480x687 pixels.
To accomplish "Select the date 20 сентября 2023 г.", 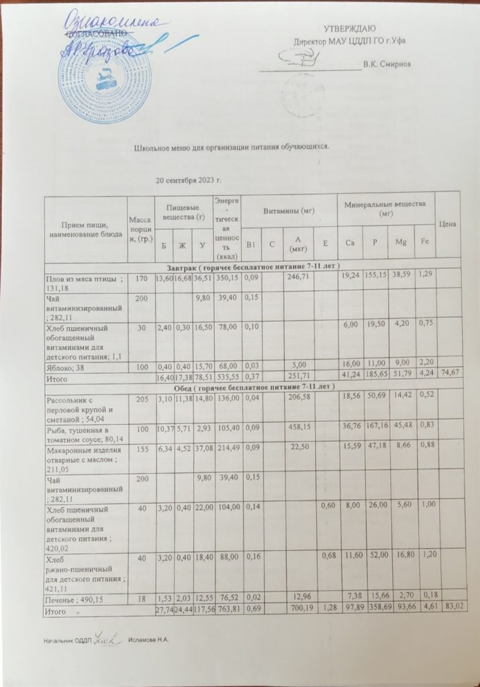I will point(189,181).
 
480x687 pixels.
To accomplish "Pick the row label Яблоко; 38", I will point(62,366).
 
